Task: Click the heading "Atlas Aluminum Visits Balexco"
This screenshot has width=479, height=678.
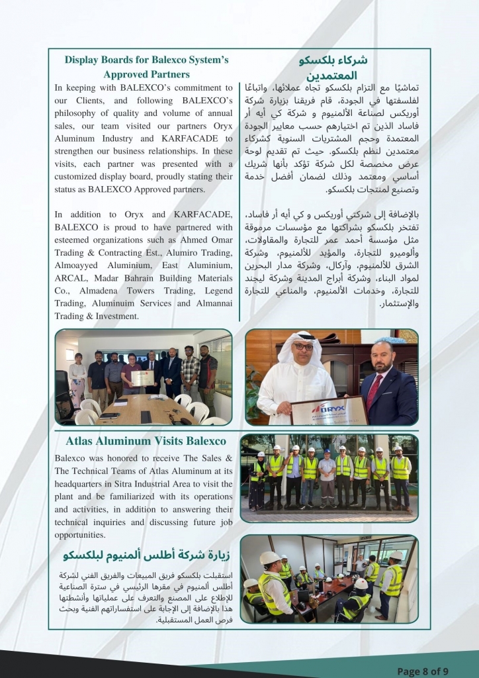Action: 146,441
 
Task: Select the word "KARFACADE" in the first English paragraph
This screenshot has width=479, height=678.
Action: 196,138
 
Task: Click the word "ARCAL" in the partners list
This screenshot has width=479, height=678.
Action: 70,278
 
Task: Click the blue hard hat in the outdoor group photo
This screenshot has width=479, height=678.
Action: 327,451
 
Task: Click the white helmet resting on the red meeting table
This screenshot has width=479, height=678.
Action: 361,585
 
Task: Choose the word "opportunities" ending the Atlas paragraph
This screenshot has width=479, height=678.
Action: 81,535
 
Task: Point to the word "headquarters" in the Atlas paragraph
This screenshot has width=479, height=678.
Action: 84,484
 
